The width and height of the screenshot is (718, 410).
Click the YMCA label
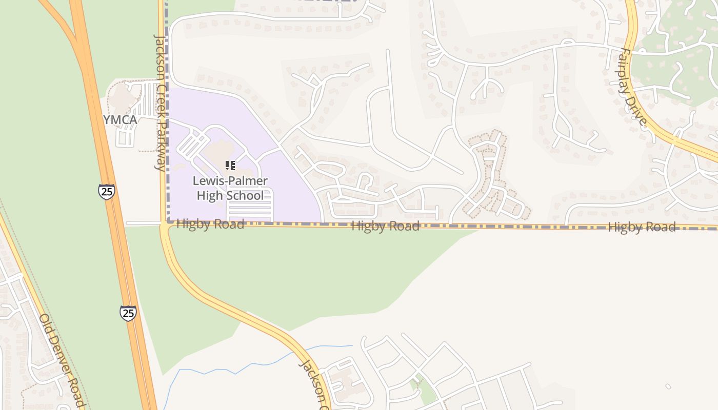tap(120, 120)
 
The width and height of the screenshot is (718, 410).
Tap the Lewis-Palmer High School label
tap(230, 188)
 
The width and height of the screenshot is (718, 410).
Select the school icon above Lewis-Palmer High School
tap(230, 166)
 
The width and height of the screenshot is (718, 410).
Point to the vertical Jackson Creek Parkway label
tap(160, 102)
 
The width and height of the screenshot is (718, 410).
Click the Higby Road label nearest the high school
tap(210, 224)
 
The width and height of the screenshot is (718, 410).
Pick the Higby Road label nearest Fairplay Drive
tap(642, 227)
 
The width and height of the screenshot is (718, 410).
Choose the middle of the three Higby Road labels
tap(385, 225)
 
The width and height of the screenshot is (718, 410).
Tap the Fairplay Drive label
tap(633, 87)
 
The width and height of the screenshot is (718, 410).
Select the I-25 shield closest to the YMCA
tap(106, 191)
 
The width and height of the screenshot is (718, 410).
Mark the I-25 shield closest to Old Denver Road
tap(128, 313)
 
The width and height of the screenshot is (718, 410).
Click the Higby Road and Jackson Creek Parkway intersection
tap(165, 223)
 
